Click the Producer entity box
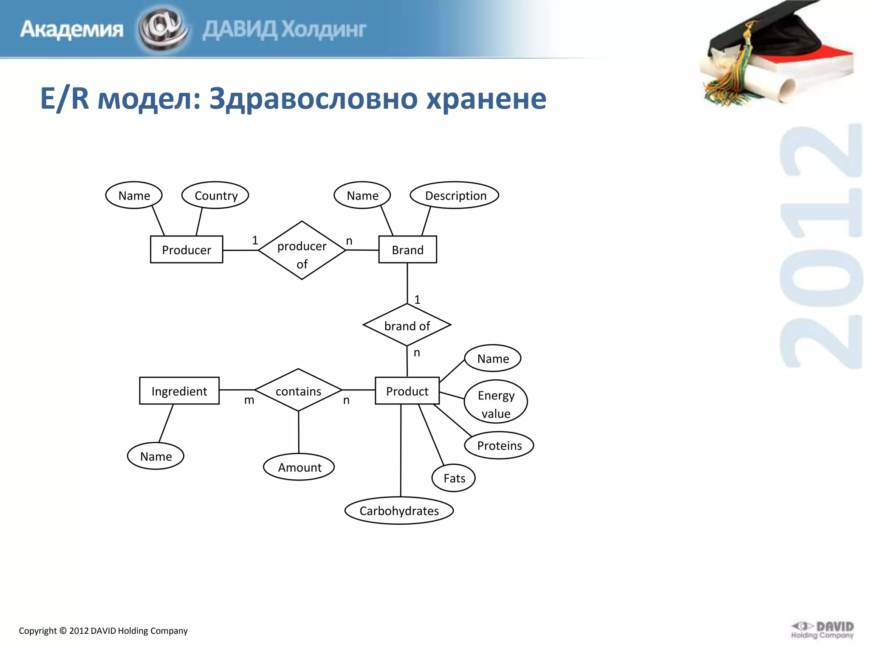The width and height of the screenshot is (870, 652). point(186,250)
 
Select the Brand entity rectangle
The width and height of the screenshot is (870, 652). point(407,250)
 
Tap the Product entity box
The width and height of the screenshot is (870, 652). point(407,391)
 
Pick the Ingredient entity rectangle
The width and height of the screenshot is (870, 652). point(179,391)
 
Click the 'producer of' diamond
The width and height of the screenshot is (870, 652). point(302,250)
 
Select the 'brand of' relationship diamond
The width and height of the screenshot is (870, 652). point(407,325)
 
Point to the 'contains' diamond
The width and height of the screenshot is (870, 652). point(298,390)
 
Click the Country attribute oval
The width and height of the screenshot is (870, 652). point(215,195)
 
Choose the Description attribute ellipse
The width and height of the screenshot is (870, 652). point(455,195)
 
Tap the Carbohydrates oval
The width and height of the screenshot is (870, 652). point(399,511)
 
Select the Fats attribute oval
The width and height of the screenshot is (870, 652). point(454,478)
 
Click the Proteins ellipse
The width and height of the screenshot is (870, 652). point(499,445)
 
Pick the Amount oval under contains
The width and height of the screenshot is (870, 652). point(299,467)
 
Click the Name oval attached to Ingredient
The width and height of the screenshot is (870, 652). point(155,456)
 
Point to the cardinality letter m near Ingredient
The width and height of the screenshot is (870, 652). point(249,400)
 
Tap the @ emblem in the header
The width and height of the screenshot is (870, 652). point(163,29)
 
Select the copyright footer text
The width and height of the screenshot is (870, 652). point(103,631)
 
